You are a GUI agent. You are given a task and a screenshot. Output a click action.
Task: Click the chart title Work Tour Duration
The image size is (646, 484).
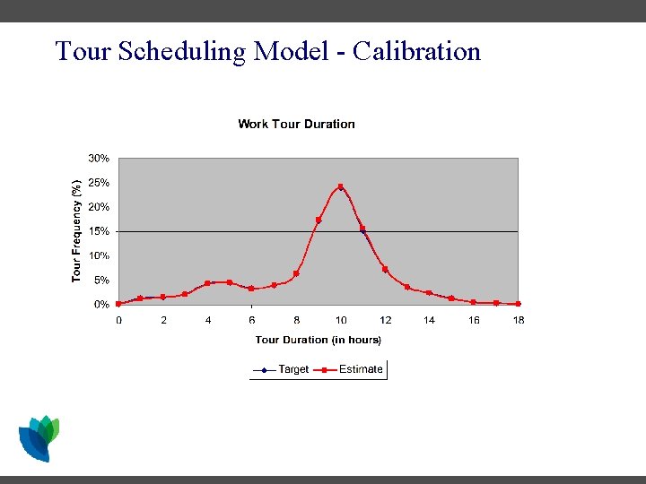(296, 124)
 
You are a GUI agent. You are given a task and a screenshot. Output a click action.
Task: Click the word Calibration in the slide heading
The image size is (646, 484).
(417, 51)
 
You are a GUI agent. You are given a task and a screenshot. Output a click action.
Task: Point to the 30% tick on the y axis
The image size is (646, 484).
(99, 158)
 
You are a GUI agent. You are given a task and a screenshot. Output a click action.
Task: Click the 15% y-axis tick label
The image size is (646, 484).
(99, 231)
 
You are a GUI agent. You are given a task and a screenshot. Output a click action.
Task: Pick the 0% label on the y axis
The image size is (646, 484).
(102, 305)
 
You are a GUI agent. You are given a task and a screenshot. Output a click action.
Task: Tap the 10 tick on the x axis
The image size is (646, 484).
(341, 320)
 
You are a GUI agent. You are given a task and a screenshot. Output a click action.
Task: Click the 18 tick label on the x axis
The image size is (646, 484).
(519, 320)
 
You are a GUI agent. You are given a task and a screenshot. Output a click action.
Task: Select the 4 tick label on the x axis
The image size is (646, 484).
(207, 320)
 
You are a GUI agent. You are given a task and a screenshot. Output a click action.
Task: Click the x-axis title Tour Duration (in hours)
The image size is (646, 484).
(318, 340)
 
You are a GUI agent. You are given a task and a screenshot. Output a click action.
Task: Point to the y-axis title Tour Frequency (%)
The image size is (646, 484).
(77, 230)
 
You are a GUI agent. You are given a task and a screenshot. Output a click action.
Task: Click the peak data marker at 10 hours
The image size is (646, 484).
(341, 186)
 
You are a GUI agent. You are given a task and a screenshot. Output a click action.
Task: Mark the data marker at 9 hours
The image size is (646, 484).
(319, 220)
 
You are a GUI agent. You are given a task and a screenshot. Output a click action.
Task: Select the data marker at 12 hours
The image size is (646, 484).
(385, 269)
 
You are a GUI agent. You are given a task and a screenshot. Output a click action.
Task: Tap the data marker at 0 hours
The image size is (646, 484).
(118, 304)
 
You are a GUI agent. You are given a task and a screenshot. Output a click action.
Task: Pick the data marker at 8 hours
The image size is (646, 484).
(296, 273)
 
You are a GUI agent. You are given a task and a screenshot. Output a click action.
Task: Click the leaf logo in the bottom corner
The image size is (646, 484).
(39, 438)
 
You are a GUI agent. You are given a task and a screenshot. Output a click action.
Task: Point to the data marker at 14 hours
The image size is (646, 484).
(429, 293)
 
